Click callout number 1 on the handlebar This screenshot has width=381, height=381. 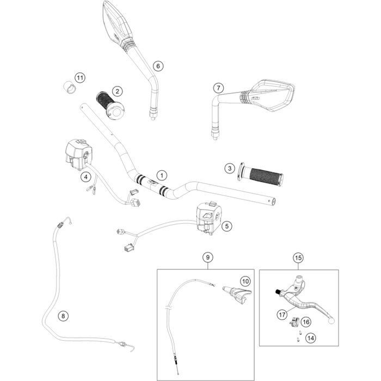pos(161,175)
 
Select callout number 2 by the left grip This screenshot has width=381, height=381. pos(116,91)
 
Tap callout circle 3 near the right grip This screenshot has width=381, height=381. pos(231,169)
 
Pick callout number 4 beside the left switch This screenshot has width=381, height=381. pos(85,176)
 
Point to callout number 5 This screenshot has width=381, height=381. pos(227,224)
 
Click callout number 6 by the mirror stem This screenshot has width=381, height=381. pos(158,66)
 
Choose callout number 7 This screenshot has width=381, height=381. pos(218,88)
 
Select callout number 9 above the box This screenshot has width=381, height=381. pos(207,257)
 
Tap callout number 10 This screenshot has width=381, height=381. pos(245,281)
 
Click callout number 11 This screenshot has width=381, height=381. pos(81,78)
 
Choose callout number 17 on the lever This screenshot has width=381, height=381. pos(282,314)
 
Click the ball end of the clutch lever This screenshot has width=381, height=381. pos(331,321)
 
